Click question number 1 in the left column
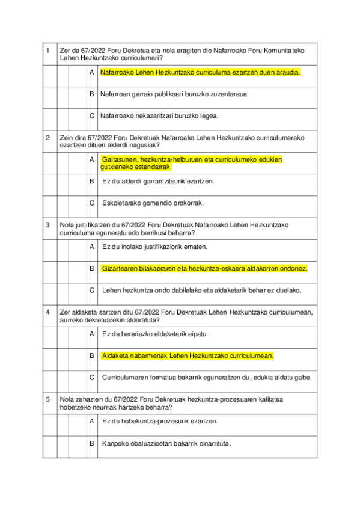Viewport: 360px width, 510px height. (x=47, y=51)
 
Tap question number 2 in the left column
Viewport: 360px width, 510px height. (x=47, y=137)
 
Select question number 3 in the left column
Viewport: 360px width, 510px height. (x=47, y=224)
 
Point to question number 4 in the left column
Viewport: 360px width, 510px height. (x=47, y=312)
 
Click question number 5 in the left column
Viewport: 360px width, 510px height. (x=47, y=399)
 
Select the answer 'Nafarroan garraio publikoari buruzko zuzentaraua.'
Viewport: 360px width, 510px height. (x=174, y=94)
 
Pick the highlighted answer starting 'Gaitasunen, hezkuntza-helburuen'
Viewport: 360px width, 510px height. (x=192, y=163)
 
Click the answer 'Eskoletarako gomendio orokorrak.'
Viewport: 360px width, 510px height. (x=153, y=203)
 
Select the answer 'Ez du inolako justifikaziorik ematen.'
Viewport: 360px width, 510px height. (x=155, y=247)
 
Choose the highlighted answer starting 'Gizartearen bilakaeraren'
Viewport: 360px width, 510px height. (x=204, y=268)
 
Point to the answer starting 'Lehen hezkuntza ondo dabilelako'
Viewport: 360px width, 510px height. (x=201, y=290)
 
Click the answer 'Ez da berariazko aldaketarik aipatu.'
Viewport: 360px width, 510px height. (x=155, y=334)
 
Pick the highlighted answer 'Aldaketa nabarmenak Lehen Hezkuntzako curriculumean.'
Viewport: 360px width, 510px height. (x=188, y=355)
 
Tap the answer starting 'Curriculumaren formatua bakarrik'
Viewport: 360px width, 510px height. (x=206, y=377)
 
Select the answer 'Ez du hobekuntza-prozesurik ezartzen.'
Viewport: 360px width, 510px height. (x=160, y=421)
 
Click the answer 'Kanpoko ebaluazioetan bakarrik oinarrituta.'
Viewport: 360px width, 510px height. (x=166, y=443)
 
